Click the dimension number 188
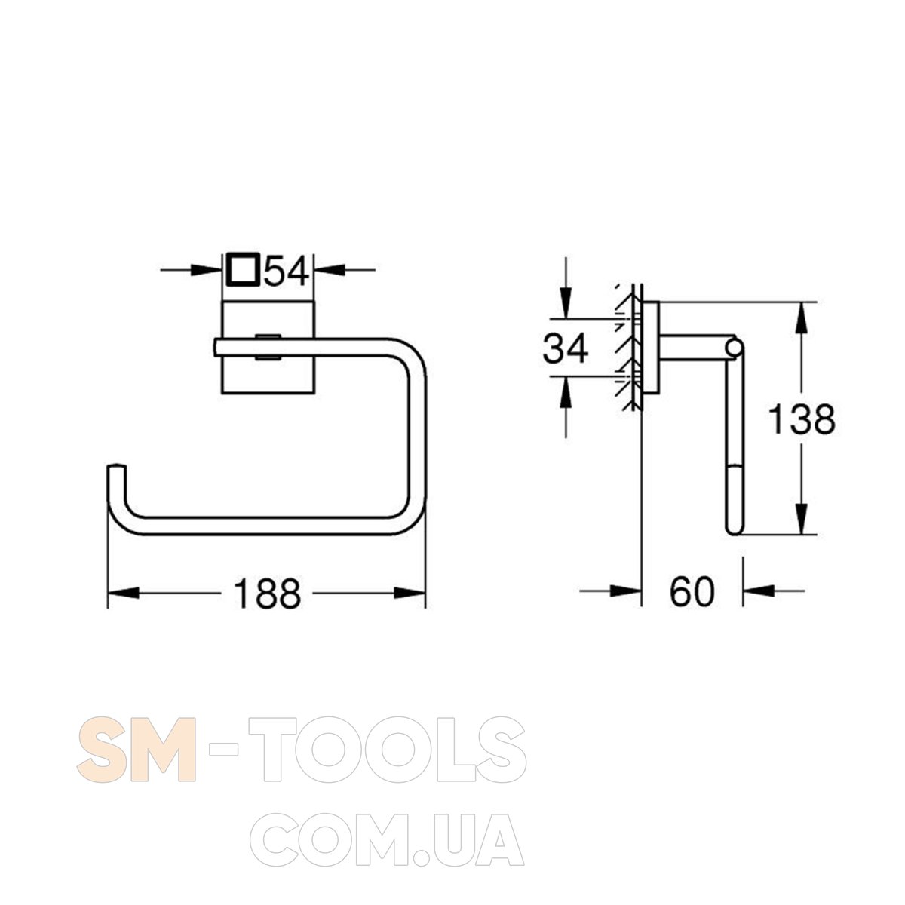pos(267,594)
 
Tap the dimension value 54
pos(286,270)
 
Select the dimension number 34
pos(565,348)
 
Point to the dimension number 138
pos(802,419)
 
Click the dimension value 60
pos(692,592)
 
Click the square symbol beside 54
pos(242,269)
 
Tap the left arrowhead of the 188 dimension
pos(124,593)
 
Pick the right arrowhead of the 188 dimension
pos(410,593)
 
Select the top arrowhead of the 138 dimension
pos(802,318)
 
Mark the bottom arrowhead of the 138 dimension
pos(802,518)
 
